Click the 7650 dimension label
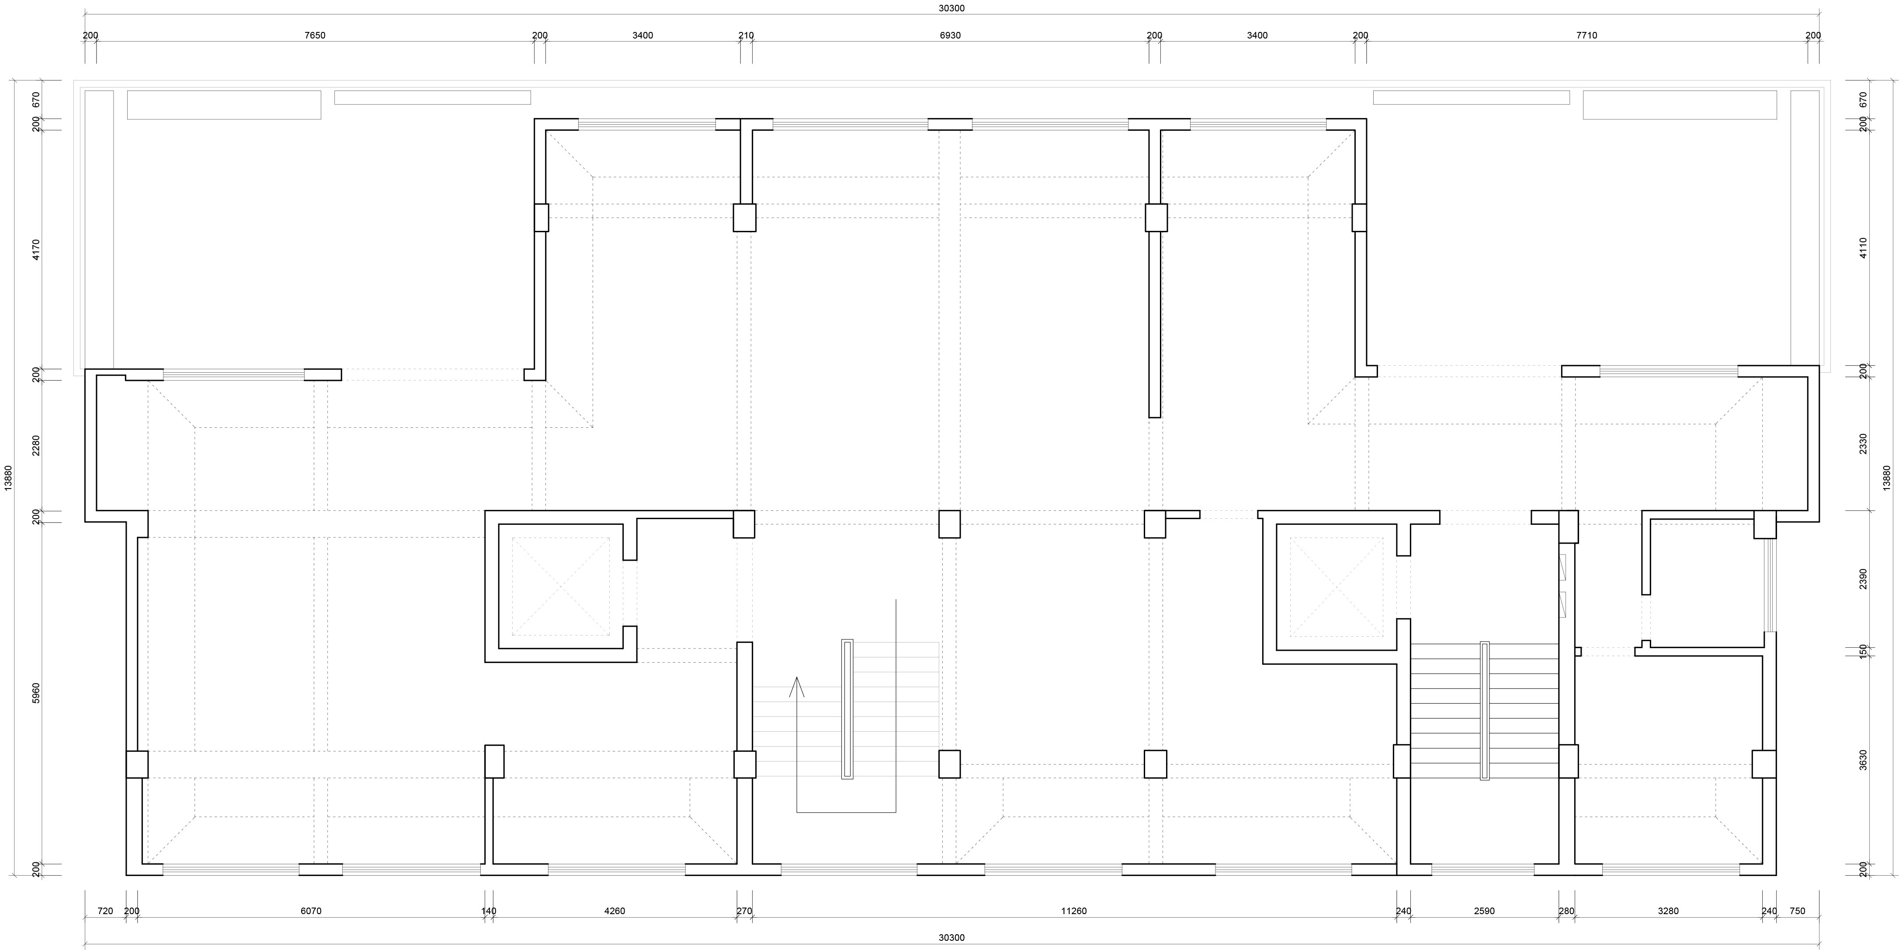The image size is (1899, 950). (315, 35)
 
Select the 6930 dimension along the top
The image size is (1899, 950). (950, 35)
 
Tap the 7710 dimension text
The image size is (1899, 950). (1587, 35)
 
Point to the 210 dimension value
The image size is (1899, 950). (746, 35)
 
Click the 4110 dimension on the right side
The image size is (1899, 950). (1864, 248)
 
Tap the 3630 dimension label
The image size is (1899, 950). (1864, 761)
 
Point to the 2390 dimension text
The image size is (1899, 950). (1864, 579)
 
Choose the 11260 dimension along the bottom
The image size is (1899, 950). (1073, 911)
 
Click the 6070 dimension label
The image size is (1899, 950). (310, 911)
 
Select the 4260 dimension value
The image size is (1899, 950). (614, 911)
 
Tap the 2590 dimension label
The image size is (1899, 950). (1484, 911)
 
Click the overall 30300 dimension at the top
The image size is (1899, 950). (951, 8)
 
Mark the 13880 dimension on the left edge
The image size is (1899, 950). (9, 477)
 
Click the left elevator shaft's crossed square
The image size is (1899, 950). (561, 587)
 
